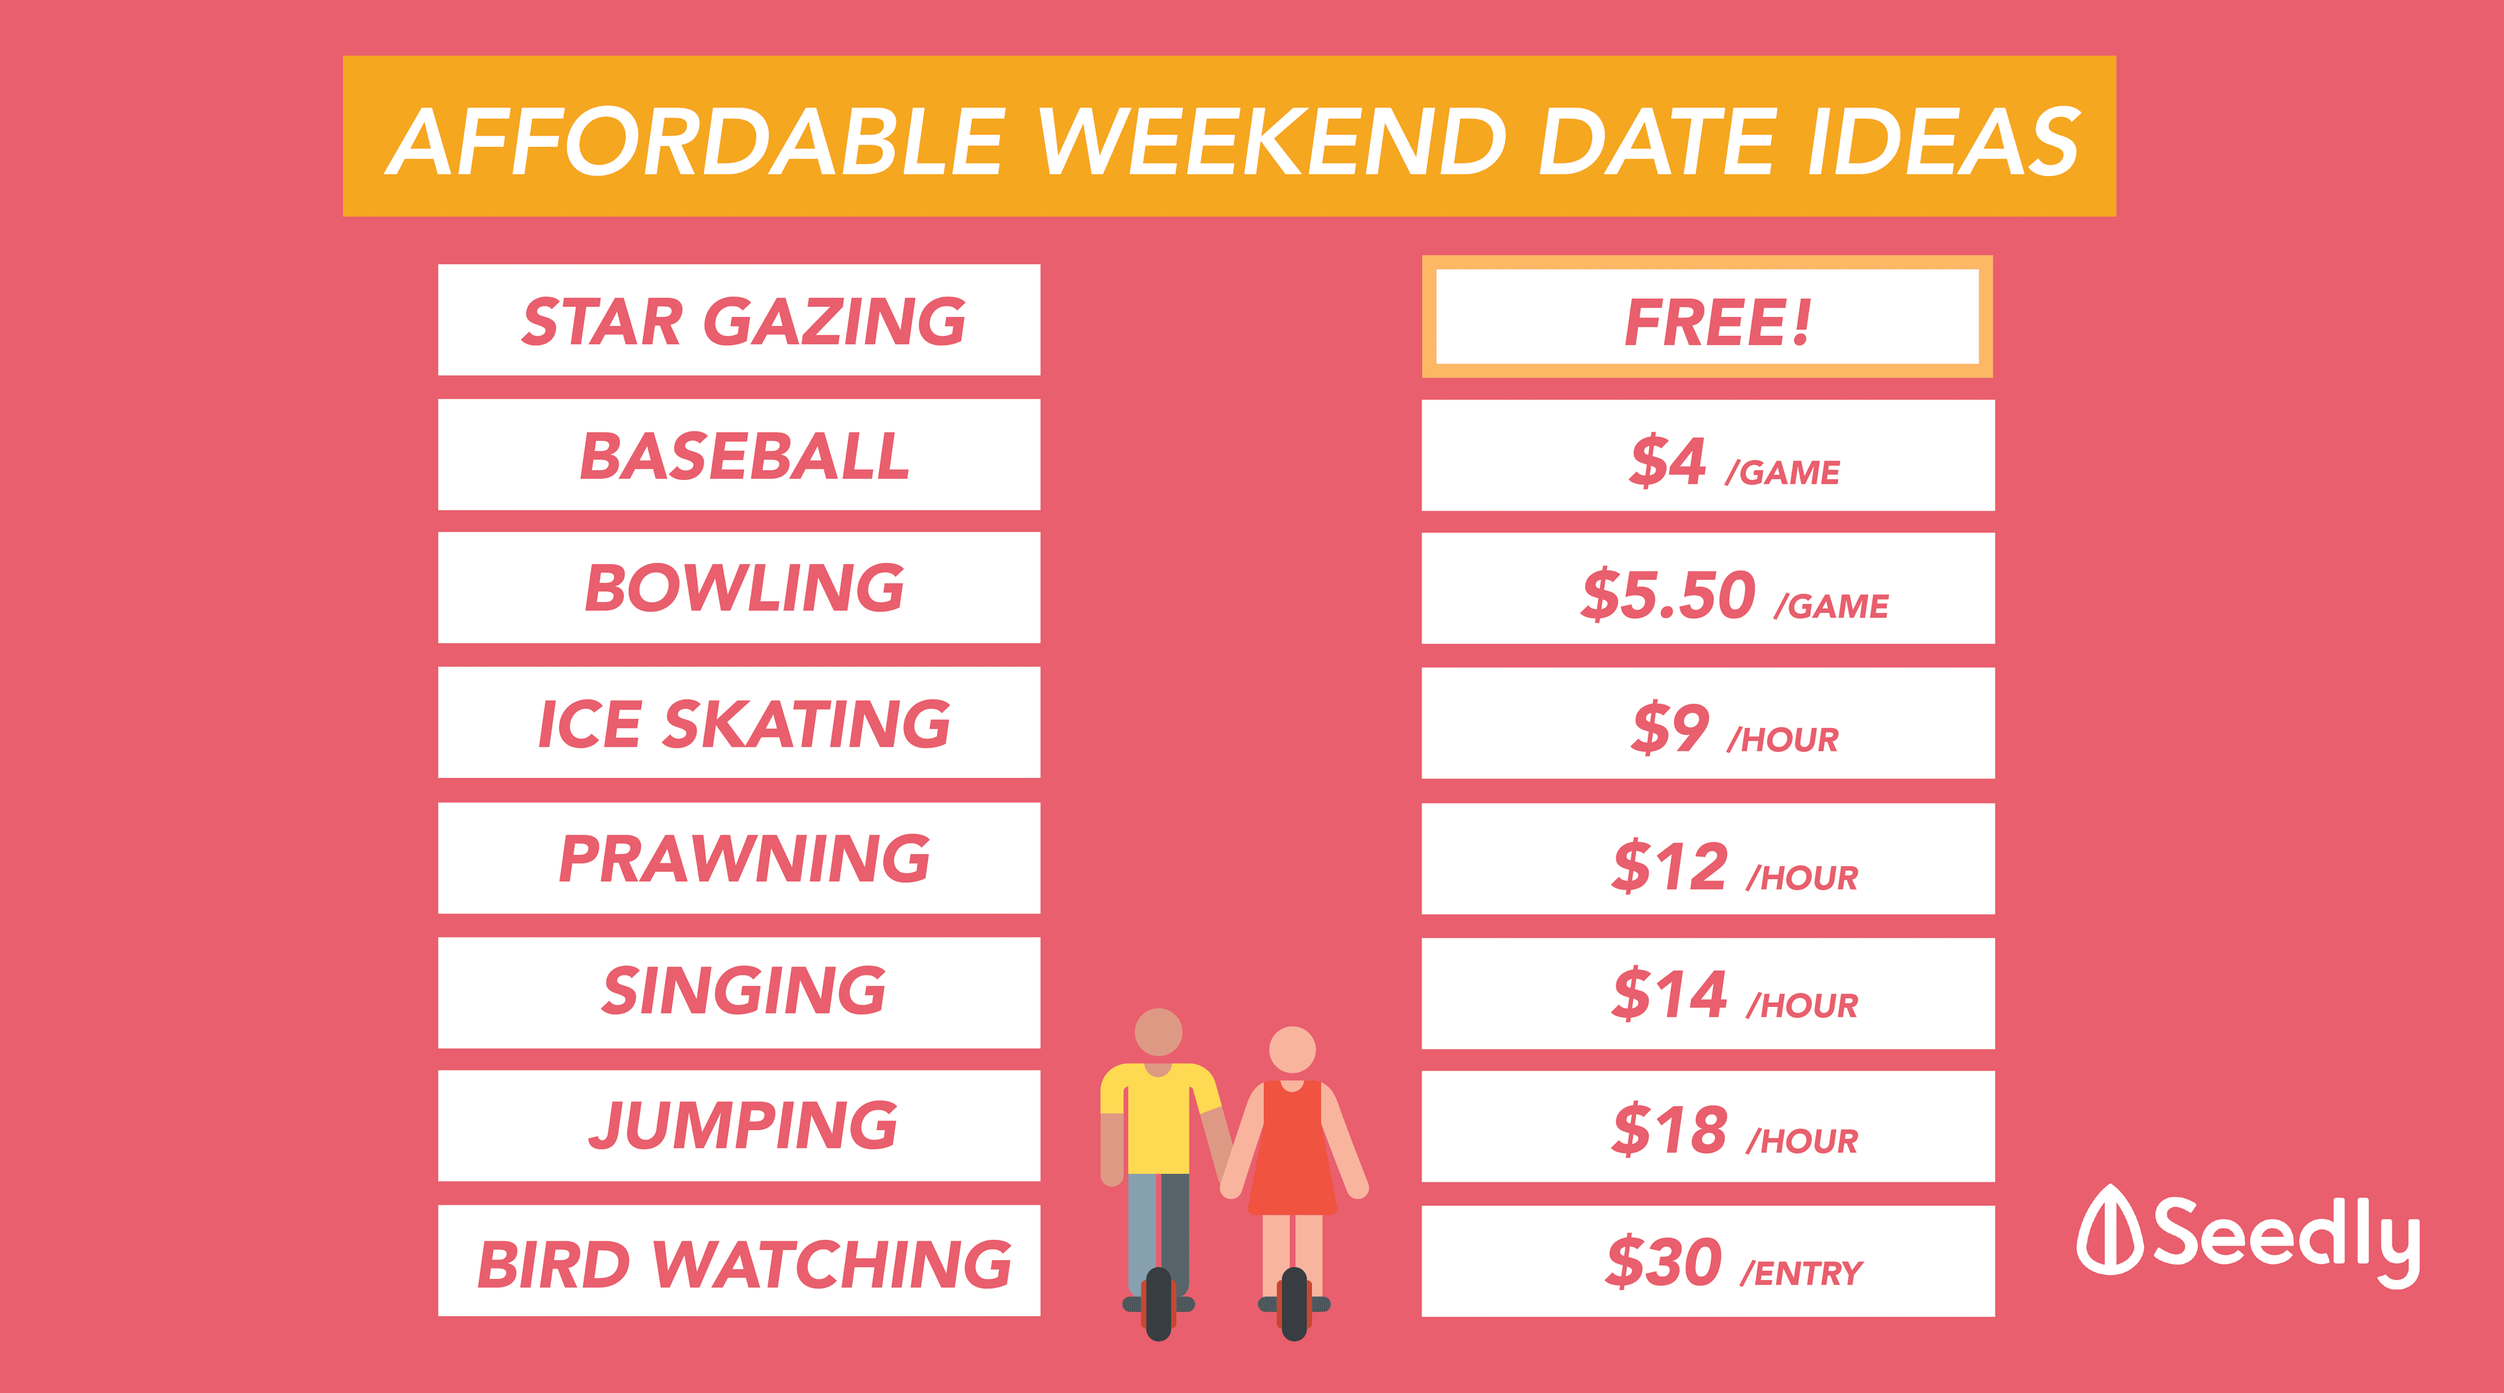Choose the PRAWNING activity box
click(739, 858)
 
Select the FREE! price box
click(1708, 317)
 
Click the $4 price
click(1668, 461)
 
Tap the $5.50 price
click(1668, 595)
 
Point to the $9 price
click(1670, 728)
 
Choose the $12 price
click(1670, 866)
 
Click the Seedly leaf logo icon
click(2110, 1230)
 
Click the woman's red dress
click(1292, 1148)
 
